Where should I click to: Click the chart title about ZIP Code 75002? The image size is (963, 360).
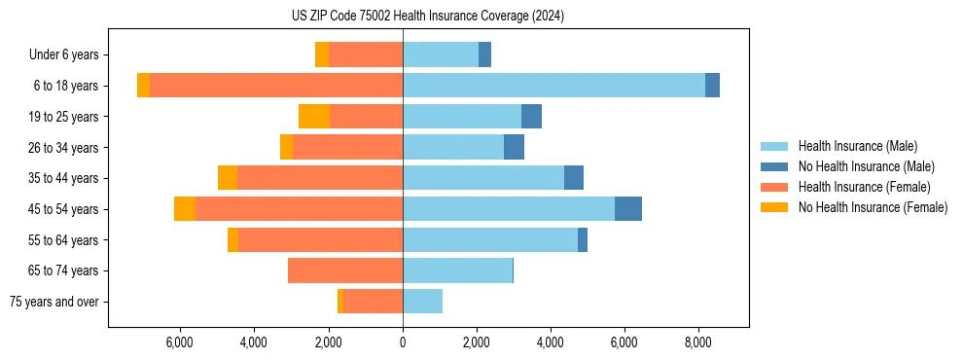pyautogui.click(x=427, y=17)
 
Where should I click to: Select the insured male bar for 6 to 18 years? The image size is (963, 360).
pyautogui.click(x=553, y=86)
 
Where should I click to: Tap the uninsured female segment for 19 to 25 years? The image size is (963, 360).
pyautogui.click(x=314, y=117)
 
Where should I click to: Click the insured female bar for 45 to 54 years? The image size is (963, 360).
pyautogui.click(x=299, y=209)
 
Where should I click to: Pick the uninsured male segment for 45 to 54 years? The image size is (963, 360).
pyautogui.click(x=628, y=209)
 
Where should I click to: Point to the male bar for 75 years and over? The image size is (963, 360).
pyautogui.click(x=422, y=302)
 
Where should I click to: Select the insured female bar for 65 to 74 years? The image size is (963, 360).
pyautogui.click(x=345, y=270)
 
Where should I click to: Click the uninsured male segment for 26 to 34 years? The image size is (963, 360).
pyautogui.click(x=514, y=147)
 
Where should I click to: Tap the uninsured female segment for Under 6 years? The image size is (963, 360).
pyautogui.click(x=322, y=54)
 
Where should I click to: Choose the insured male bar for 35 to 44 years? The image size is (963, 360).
pyautogui.click(x=483, y=178)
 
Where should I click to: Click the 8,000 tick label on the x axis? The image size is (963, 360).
pyautogui.click(x=697, y=342)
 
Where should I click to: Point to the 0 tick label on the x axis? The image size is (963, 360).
pyautogui.click(x=403, y=342)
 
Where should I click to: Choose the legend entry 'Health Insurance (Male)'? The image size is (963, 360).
pyautogui.click(x=857, y=146)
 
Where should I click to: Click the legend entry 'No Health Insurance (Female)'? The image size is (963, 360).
pyautogui.click(x=873, y=207)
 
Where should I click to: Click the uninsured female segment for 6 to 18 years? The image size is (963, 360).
pyautogui.click(x=143, y=86)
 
